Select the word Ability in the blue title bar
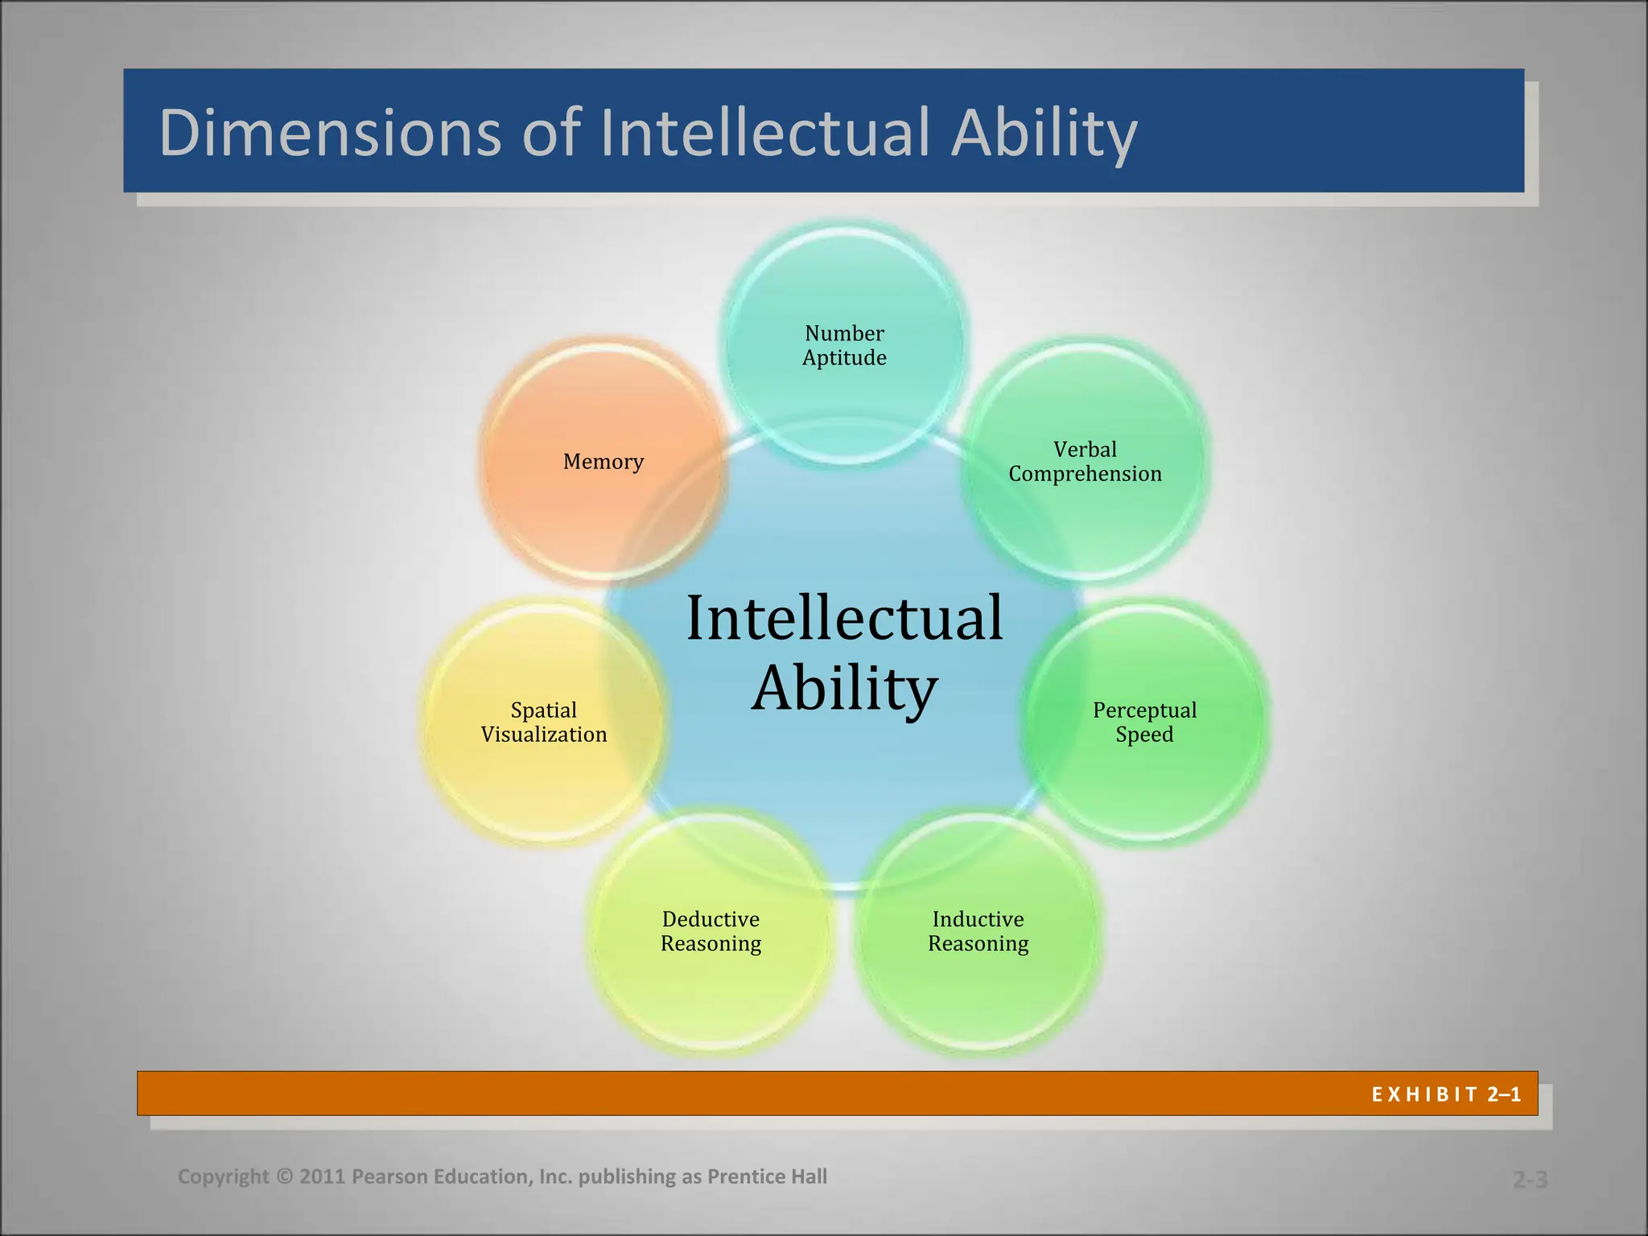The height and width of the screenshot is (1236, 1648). [x=1044, y=134]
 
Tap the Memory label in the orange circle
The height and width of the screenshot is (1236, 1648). [x=603, y=462]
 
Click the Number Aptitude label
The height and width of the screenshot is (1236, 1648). [x=844, y=345]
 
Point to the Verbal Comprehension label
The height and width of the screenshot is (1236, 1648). [x=1085, y=461]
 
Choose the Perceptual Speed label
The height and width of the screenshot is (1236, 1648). [x=1143, y=722]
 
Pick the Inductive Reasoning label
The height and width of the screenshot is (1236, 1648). [x=978, y=931]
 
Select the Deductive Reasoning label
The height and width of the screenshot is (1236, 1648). [x=711, y=931]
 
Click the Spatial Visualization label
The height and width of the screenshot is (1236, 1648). [x=544, y=722]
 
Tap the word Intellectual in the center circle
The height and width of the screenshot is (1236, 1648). [x=844, y=618]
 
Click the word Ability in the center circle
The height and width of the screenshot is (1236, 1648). [x=844, y=689]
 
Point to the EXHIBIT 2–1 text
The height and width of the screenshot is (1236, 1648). [x=1446, y=1094]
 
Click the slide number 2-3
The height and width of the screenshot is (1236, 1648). [x=1530, y=1180]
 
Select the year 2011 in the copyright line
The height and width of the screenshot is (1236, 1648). [x=323, y=1176]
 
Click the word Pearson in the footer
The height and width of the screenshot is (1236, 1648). [x=390, y=1176]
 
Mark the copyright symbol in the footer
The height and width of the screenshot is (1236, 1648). [x=284, y=1176]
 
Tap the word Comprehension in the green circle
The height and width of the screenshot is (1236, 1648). [x=1085, y=474]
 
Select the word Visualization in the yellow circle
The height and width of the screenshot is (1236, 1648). [x=544, y=735]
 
